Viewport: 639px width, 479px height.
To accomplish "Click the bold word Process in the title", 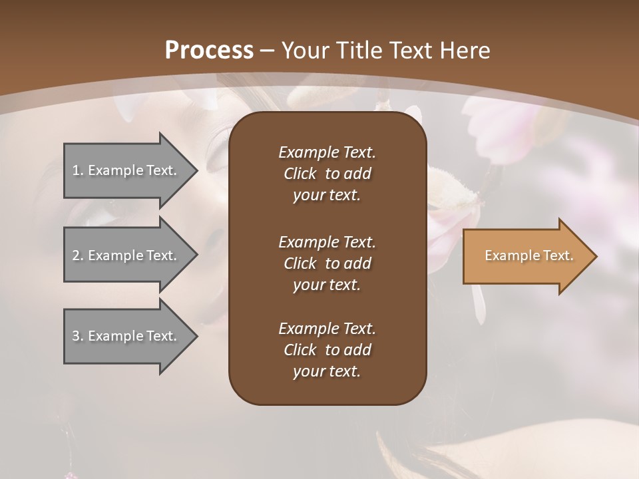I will (x=209, y=51).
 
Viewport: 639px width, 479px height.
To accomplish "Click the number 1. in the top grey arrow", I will (x=78, y=170).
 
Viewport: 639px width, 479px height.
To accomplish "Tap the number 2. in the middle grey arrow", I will (x=78, y=255).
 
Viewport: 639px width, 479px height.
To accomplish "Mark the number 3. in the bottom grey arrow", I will (x=78, y=336).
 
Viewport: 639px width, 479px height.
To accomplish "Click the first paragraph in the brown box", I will (x=327, y=174).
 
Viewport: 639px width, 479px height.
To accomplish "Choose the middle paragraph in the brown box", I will (x=327, y=263).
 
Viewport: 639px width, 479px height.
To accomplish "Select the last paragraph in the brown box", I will (x=327, y=350).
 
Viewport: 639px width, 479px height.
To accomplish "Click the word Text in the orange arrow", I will (x=558, y=255).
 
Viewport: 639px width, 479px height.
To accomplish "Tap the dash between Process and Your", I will (x=268, y=51).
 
